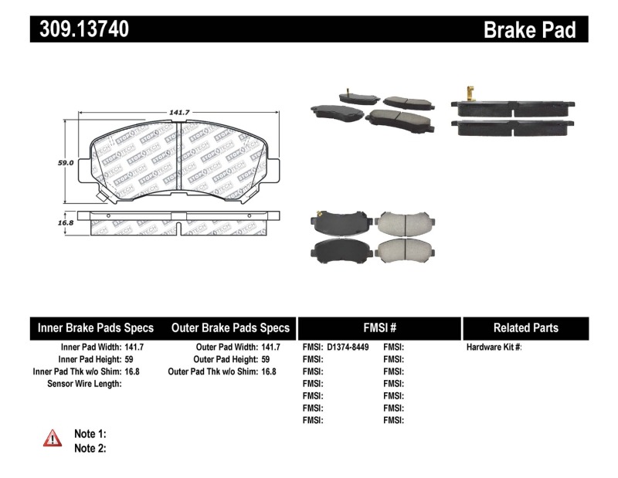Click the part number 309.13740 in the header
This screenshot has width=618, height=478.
click(x=80, y=29)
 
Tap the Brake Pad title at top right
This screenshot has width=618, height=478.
click(x=529, y=30)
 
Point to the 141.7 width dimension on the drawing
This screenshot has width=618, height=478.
click(x=180, y=113)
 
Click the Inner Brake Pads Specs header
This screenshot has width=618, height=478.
click(x=96, y=327)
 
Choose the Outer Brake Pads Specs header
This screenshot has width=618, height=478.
click(x=230, y=327)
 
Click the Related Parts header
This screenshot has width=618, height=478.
click(x=525, y=327)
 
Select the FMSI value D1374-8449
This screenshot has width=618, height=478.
click(x=348, y=347)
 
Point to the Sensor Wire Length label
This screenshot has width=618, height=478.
click(x=85, y=384)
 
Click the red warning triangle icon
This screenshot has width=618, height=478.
click(x=53, y=439)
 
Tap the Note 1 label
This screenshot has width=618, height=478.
click(x=90, y=434)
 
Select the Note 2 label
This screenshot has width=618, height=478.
click(x=90, y=448)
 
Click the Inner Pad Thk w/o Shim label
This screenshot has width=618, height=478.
click(x=76, y=371)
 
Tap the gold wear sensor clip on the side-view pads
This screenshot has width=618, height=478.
click(x=468, y=97)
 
